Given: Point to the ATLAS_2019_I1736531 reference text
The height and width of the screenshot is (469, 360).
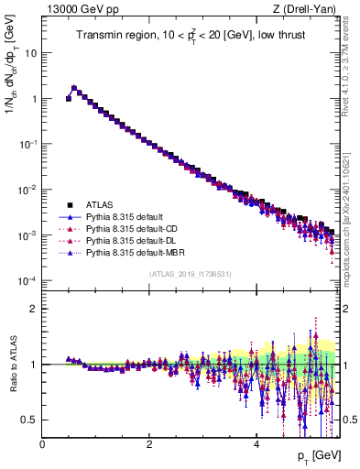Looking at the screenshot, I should (189, 273).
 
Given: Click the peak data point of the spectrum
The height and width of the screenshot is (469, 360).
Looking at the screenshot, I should (74, 89).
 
